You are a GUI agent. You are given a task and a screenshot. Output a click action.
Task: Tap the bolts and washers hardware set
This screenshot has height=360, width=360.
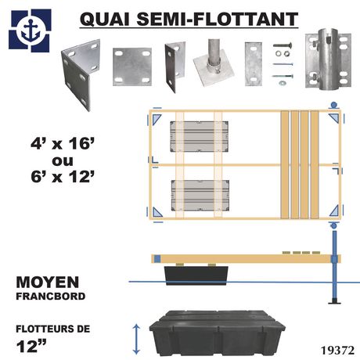pyautogui.click(x=280, y=65)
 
